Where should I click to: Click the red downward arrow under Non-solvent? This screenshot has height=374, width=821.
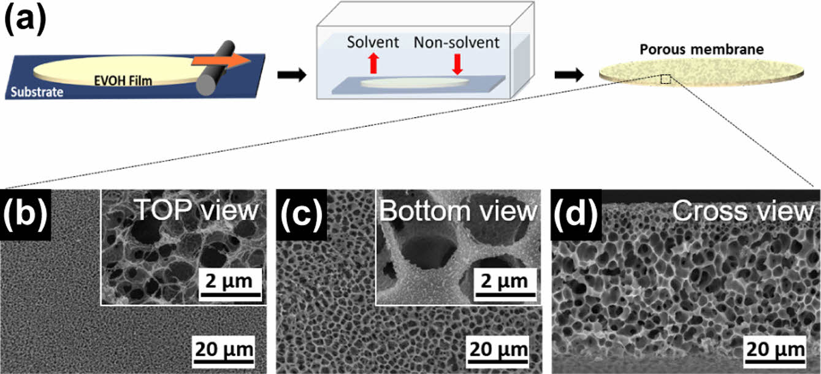click(456, 63)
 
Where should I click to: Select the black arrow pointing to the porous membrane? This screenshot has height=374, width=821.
click(568, 75)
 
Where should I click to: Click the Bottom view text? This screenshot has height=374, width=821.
click(457, 210)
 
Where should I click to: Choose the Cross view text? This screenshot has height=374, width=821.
click(742, 211)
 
